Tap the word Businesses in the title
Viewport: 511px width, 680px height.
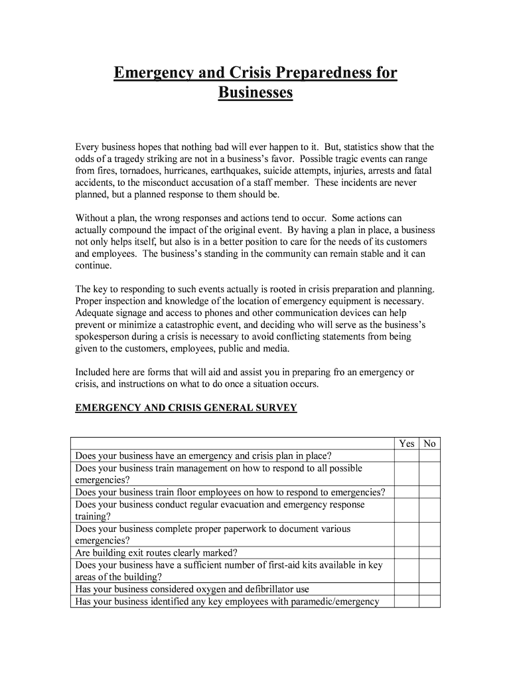click(256, 92)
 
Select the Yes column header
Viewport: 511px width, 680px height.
click(407, 444)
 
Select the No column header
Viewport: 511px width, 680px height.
click(429, 444)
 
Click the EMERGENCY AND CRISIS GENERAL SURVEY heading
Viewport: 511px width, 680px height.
click(186, 408)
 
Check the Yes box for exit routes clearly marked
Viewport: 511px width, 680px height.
click(407, 552)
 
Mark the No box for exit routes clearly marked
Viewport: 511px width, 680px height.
click(429, 552)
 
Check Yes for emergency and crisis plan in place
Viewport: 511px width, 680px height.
click(407, 456)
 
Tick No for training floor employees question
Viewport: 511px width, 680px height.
click(429, 493)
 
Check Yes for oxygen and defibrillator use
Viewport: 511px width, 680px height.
click(407, 589)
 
